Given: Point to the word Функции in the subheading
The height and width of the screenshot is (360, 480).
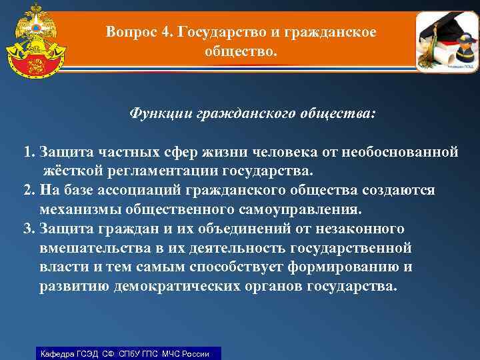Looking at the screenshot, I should coord(161,114).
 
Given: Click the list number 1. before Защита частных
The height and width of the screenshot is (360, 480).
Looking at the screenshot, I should coord(30,152).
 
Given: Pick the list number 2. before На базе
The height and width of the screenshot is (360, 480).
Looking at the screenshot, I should coord(30,191).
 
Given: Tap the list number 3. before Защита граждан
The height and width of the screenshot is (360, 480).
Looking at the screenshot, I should coord(30,229).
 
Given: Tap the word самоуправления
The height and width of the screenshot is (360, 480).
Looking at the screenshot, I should coord(301,210).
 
